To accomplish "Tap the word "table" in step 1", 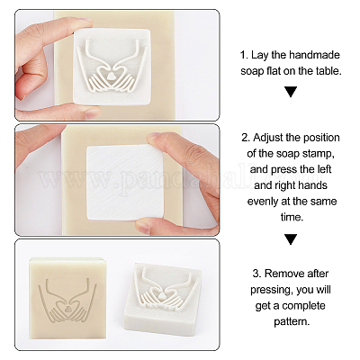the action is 329,71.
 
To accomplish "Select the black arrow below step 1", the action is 291,92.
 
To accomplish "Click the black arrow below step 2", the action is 291,239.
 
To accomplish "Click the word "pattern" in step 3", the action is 291,322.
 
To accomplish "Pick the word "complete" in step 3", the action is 303,306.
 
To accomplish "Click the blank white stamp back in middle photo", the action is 125,183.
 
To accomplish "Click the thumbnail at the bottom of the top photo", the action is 93,112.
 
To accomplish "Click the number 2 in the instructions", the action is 245,138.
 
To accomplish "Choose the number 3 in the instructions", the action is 256,274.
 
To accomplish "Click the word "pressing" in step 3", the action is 271,291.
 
